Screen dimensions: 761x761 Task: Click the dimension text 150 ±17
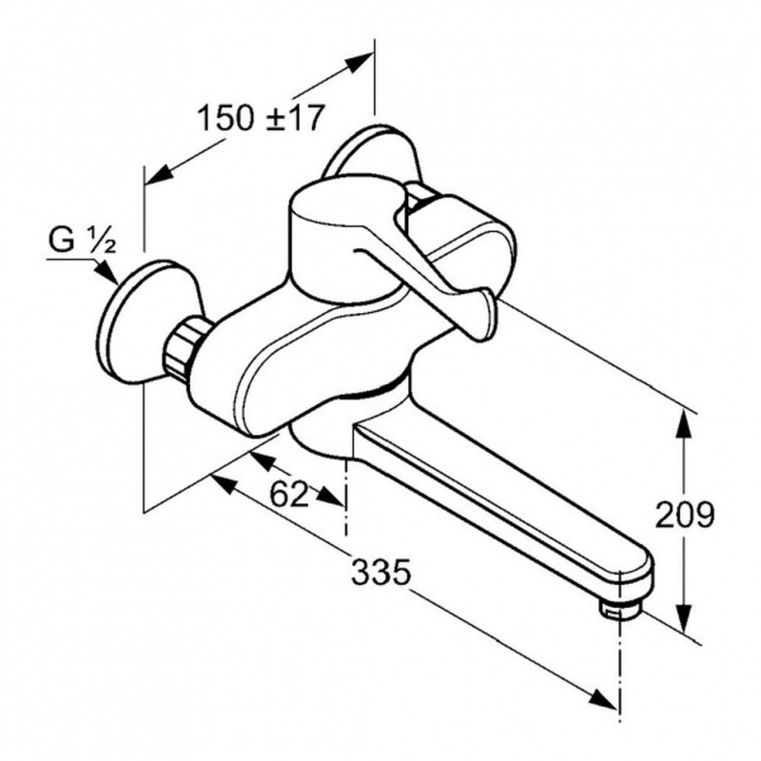260,117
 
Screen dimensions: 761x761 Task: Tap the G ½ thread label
83,241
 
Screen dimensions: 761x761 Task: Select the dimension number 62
289,494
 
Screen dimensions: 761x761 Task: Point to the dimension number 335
381,572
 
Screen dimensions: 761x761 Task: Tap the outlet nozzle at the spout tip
620,609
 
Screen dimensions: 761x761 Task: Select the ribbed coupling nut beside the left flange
181,345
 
